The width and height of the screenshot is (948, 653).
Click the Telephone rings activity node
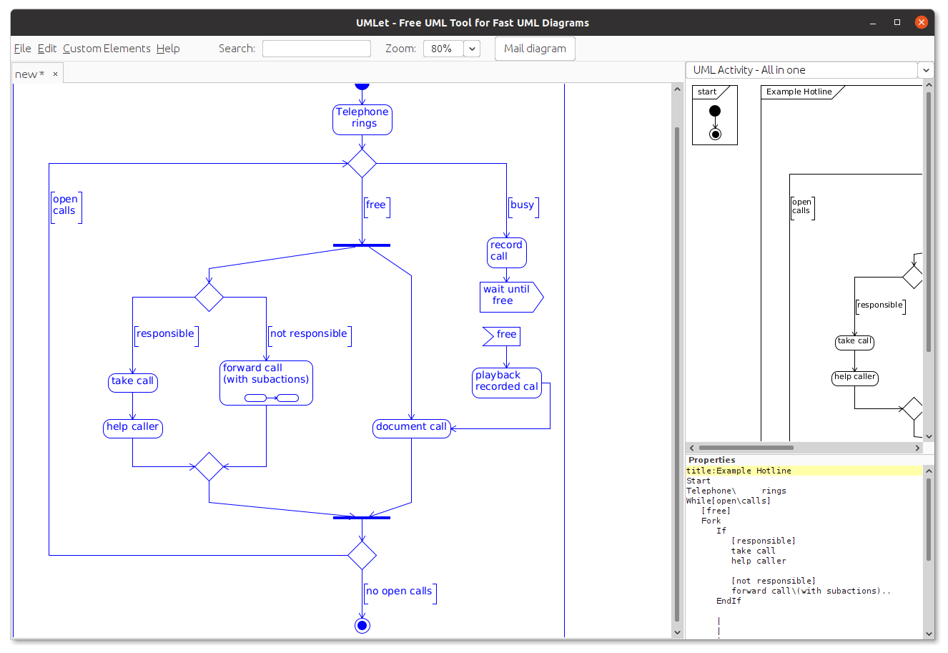point(362,120)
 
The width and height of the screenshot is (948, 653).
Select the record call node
point(507,252)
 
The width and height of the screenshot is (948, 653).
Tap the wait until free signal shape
point(511,297)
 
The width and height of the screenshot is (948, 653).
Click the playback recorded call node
point(507,383)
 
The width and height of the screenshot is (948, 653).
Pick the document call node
point(411,428)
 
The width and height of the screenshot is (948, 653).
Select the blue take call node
point(132,383)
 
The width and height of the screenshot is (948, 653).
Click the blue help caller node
point(132,428)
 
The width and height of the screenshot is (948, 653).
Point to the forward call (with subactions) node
point(266,383)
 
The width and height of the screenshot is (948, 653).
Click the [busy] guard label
point(523,207)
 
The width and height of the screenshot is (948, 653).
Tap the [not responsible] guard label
point(310,336)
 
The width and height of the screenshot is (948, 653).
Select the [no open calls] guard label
point(400,594)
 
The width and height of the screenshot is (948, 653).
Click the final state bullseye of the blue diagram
point(362,626)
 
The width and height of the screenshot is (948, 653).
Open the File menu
point(22,49)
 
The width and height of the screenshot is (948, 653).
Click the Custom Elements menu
point(107,49)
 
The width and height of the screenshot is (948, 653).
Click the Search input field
point(317,49)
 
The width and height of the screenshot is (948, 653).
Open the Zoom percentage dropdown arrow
point(472,49)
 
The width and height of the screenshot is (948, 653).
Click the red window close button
point(921,22)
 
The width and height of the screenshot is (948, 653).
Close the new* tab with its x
point(55,74)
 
